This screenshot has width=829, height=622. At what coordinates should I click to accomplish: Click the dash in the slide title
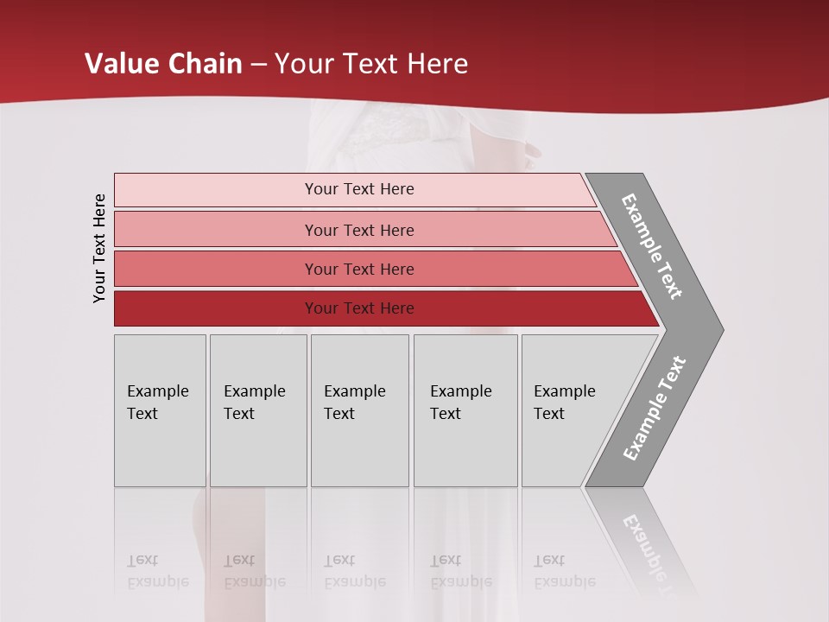[258, 65]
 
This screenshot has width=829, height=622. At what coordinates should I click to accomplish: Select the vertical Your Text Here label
[99, 248]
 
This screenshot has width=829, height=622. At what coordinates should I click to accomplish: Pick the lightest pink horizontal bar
[354, 189]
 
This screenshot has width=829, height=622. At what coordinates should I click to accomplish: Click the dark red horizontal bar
[380, 308]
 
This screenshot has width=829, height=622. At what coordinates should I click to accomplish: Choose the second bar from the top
[363, 230]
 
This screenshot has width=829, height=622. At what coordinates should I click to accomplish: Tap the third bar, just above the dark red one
[371, 269]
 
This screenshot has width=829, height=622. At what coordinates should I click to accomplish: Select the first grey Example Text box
[160, 410]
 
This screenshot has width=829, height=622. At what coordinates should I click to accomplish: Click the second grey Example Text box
[258, 410]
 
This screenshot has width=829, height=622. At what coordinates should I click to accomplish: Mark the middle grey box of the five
[359, 410]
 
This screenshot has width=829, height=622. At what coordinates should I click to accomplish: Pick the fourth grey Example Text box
[465, 410]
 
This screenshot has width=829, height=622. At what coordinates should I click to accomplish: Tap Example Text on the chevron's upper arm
[652, 246]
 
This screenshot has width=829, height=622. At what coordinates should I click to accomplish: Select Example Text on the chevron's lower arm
[655, 408]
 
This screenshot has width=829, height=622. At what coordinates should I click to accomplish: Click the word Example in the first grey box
[157, 391]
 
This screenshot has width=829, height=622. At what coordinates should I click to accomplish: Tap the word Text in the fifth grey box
[548, 414]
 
